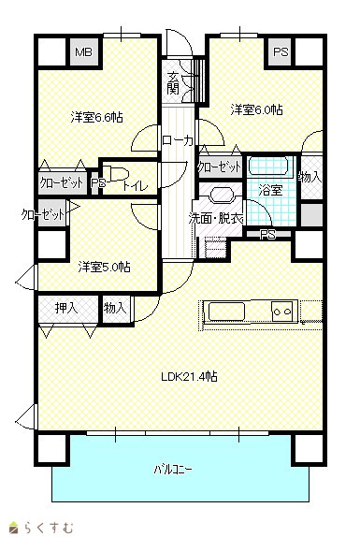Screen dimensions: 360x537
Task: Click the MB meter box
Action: [x=84, y=52]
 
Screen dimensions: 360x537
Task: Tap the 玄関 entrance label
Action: [x=174, y=83]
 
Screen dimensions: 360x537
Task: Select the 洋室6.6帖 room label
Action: [x=97, y=118]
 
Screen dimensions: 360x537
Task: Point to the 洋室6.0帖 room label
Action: [x=256, y=110]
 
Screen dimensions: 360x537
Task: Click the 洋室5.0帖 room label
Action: [x=104, y=267]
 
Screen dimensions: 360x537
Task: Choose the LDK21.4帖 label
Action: [x=189, y=377]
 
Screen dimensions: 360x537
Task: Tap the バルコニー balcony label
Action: [x=173, y=470]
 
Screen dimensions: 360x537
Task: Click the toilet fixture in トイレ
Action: [x=116, y=173]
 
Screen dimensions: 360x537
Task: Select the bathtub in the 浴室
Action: [x=270, y=167]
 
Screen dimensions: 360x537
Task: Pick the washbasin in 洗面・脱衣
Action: [x=222, y=196]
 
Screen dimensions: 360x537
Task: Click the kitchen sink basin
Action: [x=226, y=312]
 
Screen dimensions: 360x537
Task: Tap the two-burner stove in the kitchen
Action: [x=282, y=312]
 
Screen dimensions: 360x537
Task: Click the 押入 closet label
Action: [x=66, y=308]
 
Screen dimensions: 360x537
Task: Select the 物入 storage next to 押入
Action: [x=115, y=308]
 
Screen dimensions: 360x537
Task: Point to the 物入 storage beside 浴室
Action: [x=310, y=177]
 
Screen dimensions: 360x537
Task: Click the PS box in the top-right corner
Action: [x=281, y=52]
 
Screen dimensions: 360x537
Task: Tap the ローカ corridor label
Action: [x=178, y=140]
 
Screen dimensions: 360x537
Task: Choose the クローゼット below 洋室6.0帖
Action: [x=220, y=167]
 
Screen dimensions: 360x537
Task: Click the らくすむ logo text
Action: [x=49, y=528]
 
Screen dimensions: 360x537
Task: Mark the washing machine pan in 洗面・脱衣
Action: [x=216, y=247]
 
